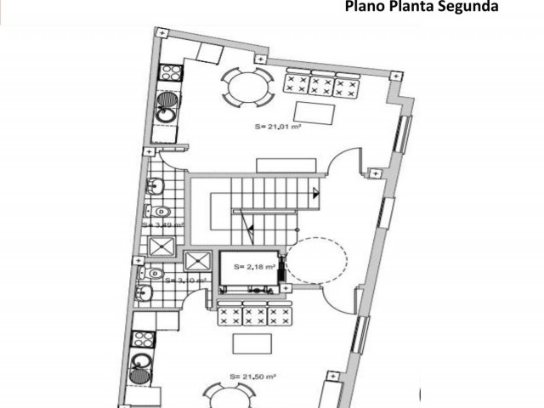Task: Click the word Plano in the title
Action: point(364,8)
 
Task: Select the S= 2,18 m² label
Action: point(253,266)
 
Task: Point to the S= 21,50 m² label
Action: point(252,375)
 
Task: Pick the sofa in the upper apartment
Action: point(320,84)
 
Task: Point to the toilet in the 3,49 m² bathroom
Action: point(161,211)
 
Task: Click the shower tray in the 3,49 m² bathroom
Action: point(159,246)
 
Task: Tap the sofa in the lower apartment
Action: point(255,315)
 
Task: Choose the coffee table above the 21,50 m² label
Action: point(252,343)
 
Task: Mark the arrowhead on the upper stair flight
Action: point(315,192)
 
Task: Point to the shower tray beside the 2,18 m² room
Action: point(197,260)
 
